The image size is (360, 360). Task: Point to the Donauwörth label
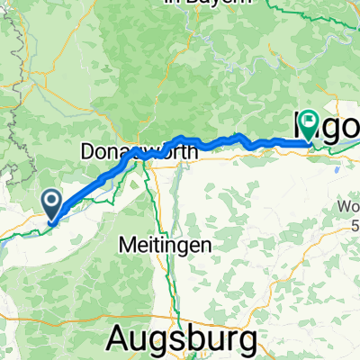(139, 152)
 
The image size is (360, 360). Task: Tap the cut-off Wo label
(349, 209)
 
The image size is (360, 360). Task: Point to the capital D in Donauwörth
(87, 152)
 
